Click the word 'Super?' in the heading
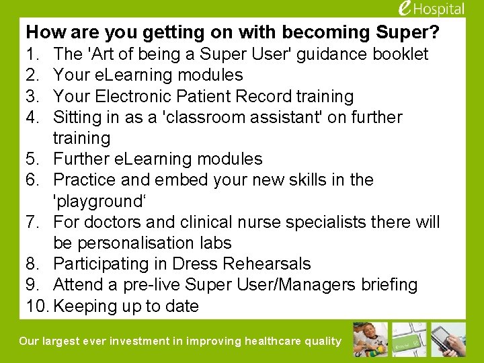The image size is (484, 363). coord(417,32)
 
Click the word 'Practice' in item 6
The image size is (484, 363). coord(84,179)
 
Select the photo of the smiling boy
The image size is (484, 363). coord(371,339)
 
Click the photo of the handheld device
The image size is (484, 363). coord(449,339)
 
